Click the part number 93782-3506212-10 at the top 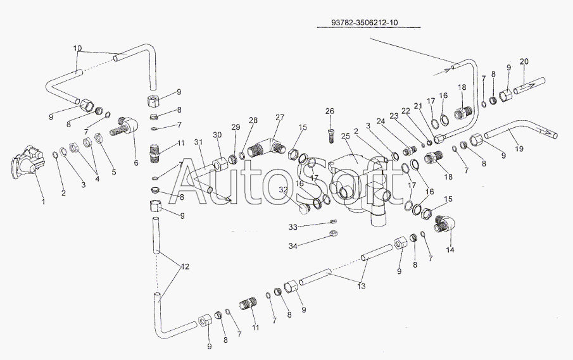pyautogui.click(x=364, y=22)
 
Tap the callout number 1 pyautogui.click(x=44, y=202)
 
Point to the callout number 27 pyautogui.click(x=280, y=118)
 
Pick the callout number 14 pyautogui.click(x=450, y=250)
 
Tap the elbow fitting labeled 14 pyautogui.click(x=444, y=223)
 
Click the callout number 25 pyautogui.click(x=345, y=136)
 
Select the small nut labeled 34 pyautogui.click(x=333, y=233)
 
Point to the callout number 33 pyautogui.click(x=293, y=227)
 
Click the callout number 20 pyautogui.click(x=524, y=61)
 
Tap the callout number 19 pyautogui.click(x=519, y=149)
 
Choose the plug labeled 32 pyautogui.click(x=304, y=209)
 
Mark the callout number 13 pyautogui.click(x=361, y=286)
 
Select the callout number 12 pyautogui.click(x=186, y=267)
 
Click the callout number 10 pyautogui.click(x=77, y=48)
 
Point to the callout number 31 pyautogui.click(x=198, y=142)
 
